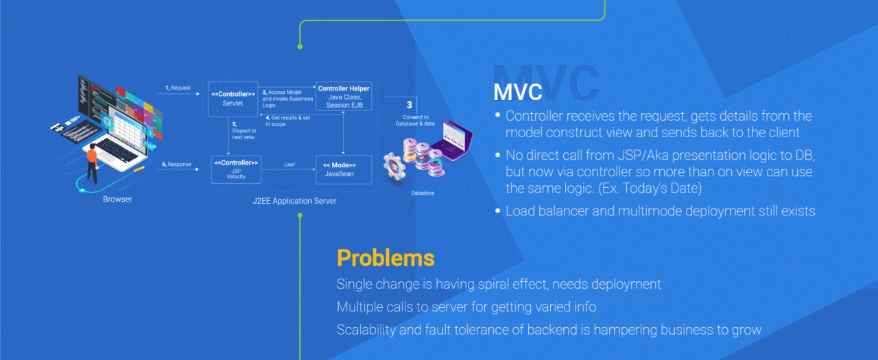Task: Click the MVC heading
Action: tap(517, 92)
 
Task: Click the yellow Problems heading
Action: tap(385, 258)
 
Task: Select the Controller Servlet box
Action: tap(233, 98)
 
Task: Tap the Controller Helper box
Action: tap(344, 97)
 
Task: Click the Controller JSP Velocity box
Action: tap(235, 169)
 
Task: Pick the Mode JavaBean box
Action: tap(343, 169)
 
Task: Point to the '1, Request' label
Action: tap(178, 88)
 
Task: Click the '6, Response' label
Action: tap(177, 165)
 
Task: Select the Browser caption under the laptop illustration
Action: tap(117, 200)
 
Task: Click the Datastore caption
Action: tap(423, 193)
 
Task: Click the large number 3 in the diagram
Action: tap(410, 105)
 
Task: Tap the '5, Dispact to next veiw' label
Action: tap(244, 130)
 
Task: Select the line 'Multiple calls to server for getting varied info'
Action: tap(466, 307)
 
